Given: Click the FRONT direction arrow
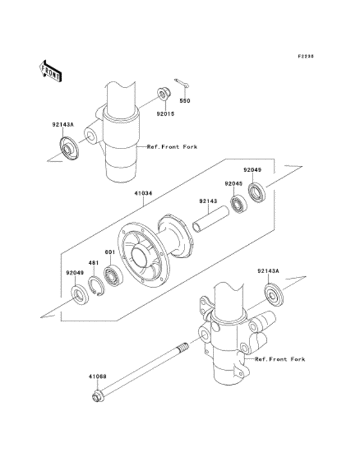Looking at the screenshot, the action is (51, 71).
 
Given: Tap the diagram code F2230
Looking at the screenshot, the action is (306, 56).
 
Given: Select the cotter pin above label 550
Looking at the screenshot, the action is (182, 84).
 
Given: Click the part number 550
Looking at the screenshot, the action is (184, 101).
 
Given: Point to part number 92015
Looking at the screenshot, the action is (165, 114).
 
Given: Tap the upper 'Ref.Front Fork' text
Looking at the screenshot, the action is (172, 147).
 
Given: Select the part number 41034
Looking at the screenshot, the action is (143, 193).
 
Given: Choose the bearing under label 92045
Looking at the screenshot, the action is (239, 204).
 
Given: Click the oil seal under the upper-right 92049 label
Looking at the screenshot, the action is (257, 192).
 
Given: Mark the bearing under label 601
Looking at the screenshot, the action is (114, 276).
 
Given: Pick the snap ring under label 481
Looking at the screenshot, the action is (96, 286).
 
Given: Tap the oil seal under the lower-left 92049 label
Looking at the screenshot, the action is (80, 295).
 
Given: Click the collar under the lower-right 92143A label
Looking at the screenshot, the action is (274, 294).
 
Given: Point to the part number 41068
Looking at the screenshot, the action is (97, 376).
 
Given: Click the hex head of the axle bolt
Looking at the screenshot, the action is (96, 396).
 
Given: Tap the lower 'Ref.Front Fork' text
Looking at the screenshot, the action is (280, 359).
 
